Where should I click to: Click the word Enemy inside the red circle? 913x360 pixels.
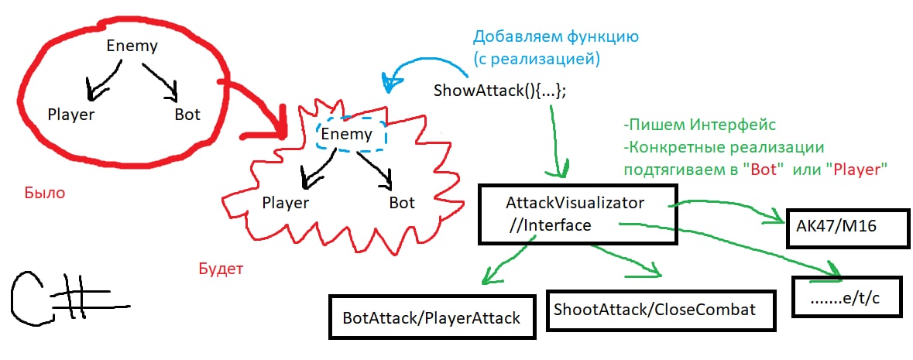tap(132, 46)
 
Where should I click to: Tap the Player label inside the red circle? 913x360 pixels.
tap(70, 115)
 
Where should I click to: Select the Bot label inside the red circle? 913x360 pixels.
tap(187, 115)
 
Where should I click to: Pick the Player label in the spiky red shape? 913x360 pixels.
tap(285, 204)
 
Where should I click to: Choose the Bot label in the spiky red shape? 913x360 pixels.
tap(402, 204)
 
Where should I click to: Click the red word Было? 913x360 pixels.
tap(44, 194)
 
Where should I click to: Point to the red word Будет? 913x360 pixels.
tap(221, 269)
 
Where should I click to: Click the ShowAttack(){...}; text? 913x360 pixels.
tap(500, 90)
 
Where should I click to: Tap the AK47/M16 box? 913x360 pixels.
tap(836, 228)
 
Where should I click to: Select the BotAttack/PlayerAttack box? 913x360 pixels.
tap(432, 317)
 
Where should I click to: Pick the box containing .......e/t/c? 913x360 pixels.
tap(846, 297)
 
